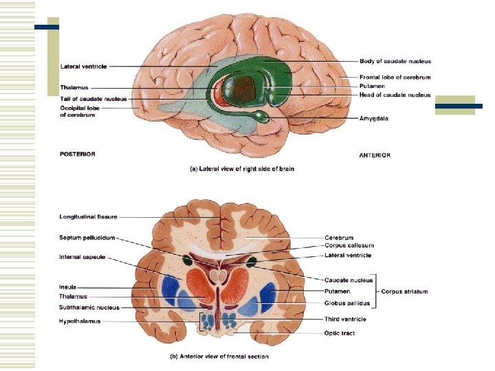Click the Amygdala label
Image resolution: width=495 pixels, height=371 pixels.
tap(373, 118)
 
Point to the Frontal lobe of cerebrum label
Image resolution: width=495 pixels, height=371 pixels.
tap(395, 77)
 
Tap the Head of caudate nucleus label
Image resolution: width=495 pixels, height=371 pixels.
tap(395, 95)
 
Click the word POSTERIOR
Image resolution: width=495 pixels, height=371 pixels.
tap(77, 154)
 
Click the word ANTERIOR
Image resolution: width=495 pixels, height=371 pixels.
tap(375, 155)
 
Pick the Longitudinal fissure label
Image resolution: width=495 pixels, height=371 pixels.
tap(88, 217)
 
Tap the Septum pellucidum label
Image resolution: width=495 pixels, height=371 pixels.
tap(87, 238)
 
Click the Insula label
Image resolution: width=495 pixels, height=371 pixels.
tap(67, 286)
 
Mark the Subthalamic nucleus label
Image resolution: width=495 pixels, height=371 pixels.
tap(89, 307)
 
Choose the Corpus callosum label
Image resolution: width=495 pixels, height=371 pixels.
tap(349, 245)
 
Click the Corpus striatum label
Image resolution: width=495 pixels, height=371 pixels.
tap(405, 291)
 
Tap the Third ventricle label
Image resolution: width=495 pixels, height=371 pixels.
tap(345, 319)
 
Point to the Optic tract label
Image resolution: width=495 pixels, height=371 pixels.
tap(340, 333)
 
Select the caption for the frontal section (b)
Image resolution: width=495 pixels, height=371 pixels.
tap(219, 356)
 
